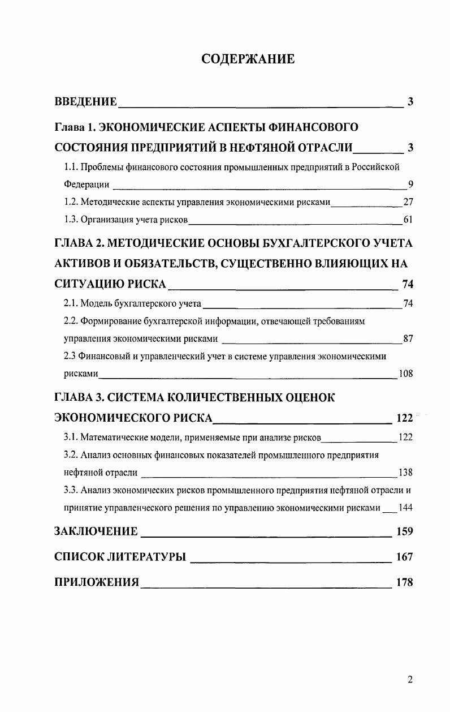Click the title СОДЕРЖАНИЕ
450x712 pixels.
point(248,59)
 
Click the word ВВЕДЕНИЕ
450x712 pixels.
point(86,102)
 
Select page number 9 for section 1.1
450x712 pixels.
point(410,184)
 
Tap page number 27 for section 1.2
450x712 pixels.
point(408,201)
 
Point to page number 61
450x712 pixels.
point(408,219)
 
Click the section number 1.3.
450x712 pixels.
point(70,219)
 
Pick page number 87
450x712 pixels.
point(408,339)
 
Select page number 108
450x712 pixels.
point(405,374)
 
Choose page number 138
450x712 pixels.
point(405,473)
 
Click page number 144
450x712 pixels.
point(405,507)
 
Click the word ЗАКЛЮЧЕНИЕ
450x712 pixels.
point(96,531)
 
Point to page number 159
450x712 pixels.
point(405,531)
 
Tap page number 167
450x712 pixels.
point(405,557)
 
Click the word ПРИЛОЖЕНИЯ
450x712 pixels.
point(97,582)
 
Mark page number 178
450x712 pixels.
point(405,582)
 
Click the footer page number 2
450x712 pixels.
point(410,680)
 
